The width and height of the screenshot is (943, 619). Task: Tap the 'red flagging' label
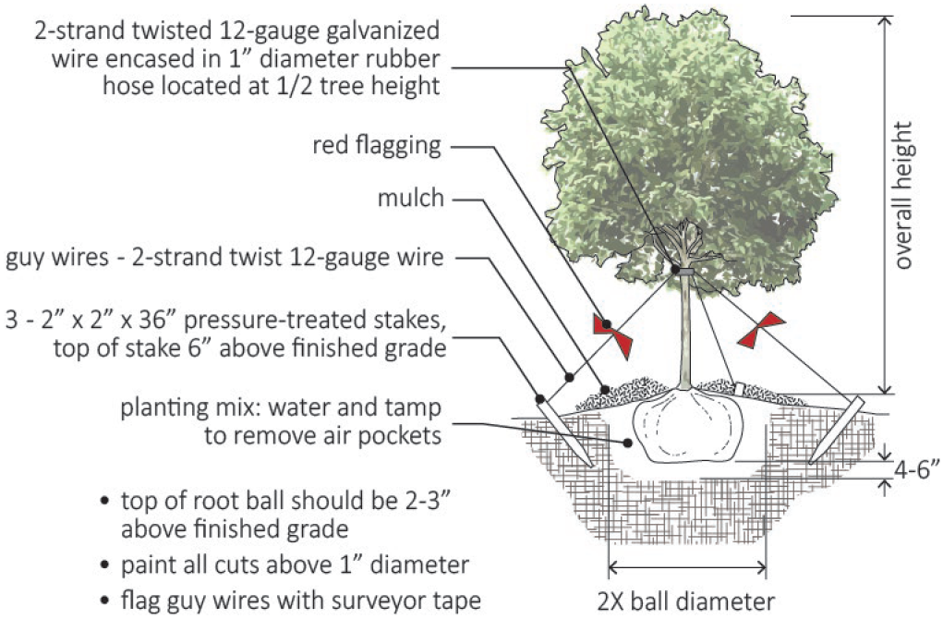click(x=377, y=147)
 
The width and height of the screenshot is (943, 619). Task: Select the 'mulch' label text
click(x=410, y=199)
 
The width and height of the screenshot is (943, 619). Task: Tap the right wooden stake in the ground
click(x=831, y=430)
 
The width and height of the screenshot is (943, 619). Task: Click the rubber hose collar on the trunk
click(x=683, y=272)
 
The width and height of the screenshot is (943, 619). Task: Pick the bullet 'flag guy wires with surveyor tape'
click(x=301, y=600)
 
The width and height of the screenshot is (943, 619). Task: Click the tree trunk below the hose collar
click(x=684, y=333)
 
